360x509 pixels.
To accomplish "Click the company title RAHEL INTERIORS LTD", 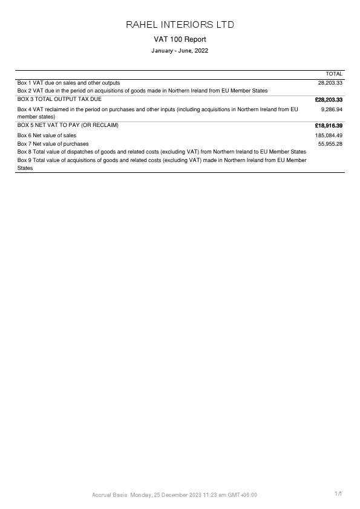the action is (x=180, y=25).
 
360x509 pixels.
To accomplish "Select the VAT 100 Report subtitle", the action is (x=180, y=39).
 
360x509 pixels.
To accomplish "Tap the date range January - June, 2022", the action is (x=180, y=51).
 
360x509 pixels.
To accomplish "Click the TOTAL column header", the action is (x=334, y=74).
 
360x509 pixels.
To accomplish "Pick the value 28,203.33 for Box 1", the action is (x=330, y=83).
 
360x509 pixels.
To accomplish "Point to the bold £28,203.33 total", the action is (x=329, y=99).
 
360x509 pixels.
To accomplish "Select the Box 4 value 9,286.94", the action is (x=332, y=110).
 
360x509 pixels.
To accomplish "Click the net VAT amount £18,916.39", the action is (x=329, y=126).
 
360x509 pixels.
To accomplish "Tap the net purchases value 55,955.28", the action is (x=330, y=144).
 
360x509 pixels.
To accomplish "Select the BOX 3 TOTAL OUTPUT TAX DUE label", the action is (x=59, y=99).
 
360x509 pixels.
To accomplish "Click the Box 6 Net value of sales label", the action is (x=47, y=136).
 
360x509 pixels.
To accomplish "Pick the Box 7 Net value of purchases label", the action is (x=53, y=144).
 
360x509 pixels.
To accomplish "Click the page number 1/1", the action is (x=338, y=494).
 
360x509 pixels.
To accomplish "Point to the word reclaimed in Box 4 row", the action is (x=56, y=110).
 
